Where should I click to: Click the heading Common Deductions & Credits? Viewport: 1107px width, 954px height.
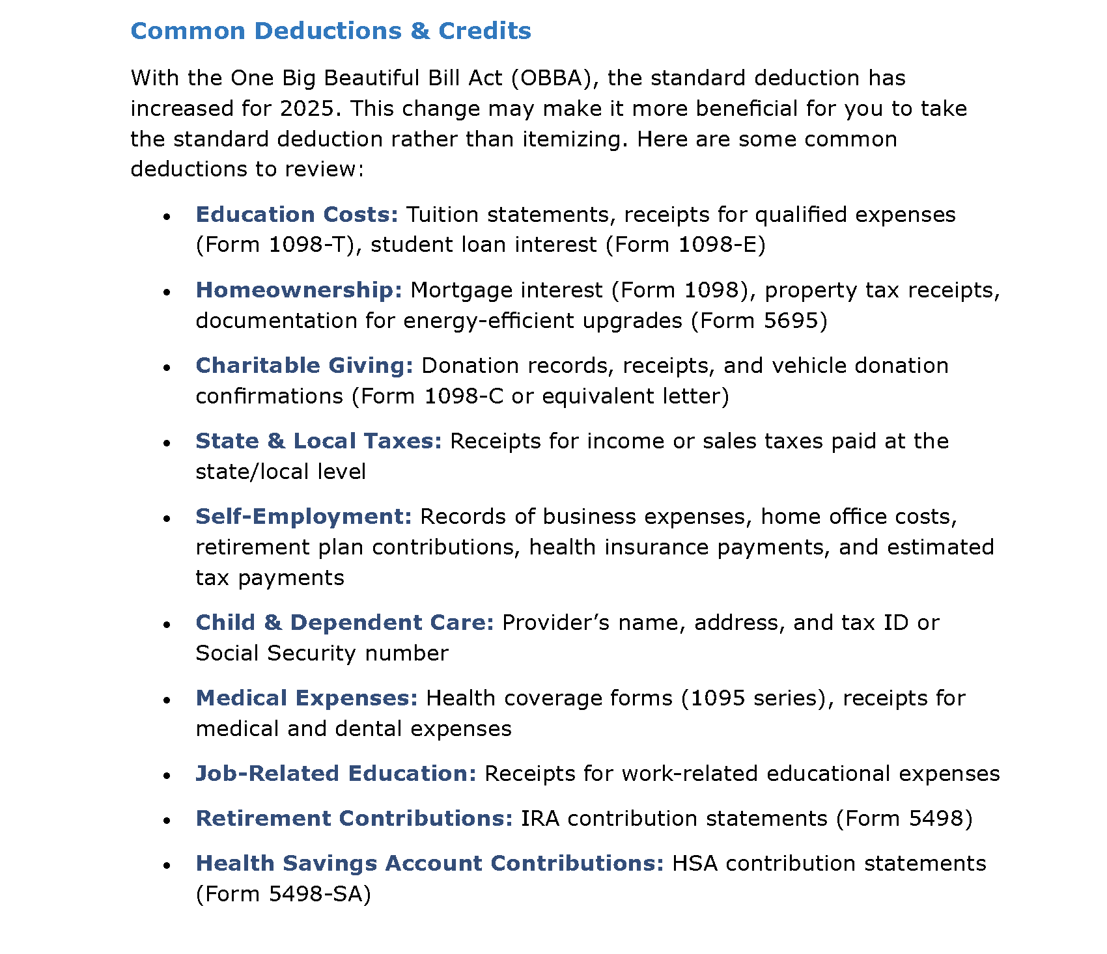tap(331, 31)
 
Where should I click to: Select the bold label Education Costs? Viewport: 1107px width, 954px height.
tap(297, 215)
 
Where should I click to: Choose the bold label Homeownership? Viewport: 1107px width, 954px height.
tap(299, 290)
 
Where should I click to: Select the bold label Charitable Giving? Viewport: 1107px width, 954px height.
tap(304, 366)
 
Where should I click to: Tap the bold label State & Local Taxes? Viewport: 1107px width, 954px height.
tap(318, 441)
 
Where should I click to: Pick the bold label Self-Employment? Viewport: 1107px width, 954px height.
tap(303, 517)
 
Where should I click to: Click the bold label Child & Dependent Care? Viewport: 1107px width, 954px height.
tap(344, 623)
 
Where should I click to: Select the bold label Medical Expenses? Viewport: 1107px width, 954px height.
tap(307, 698)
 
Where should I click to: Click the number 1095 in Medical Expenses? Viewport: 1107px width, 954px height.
tap(717, 698)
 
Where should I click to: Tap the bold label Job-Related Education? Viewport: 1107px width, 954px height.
tap(336, 774)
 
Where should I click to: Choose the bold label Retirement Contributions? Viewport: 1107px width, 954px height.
tap(354, 819)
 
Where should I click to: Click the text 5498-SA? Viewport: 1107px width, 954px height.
tap(316, 894)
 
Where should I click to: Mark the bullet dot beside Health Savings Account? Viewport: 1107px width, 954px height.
tap(167, 865)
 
